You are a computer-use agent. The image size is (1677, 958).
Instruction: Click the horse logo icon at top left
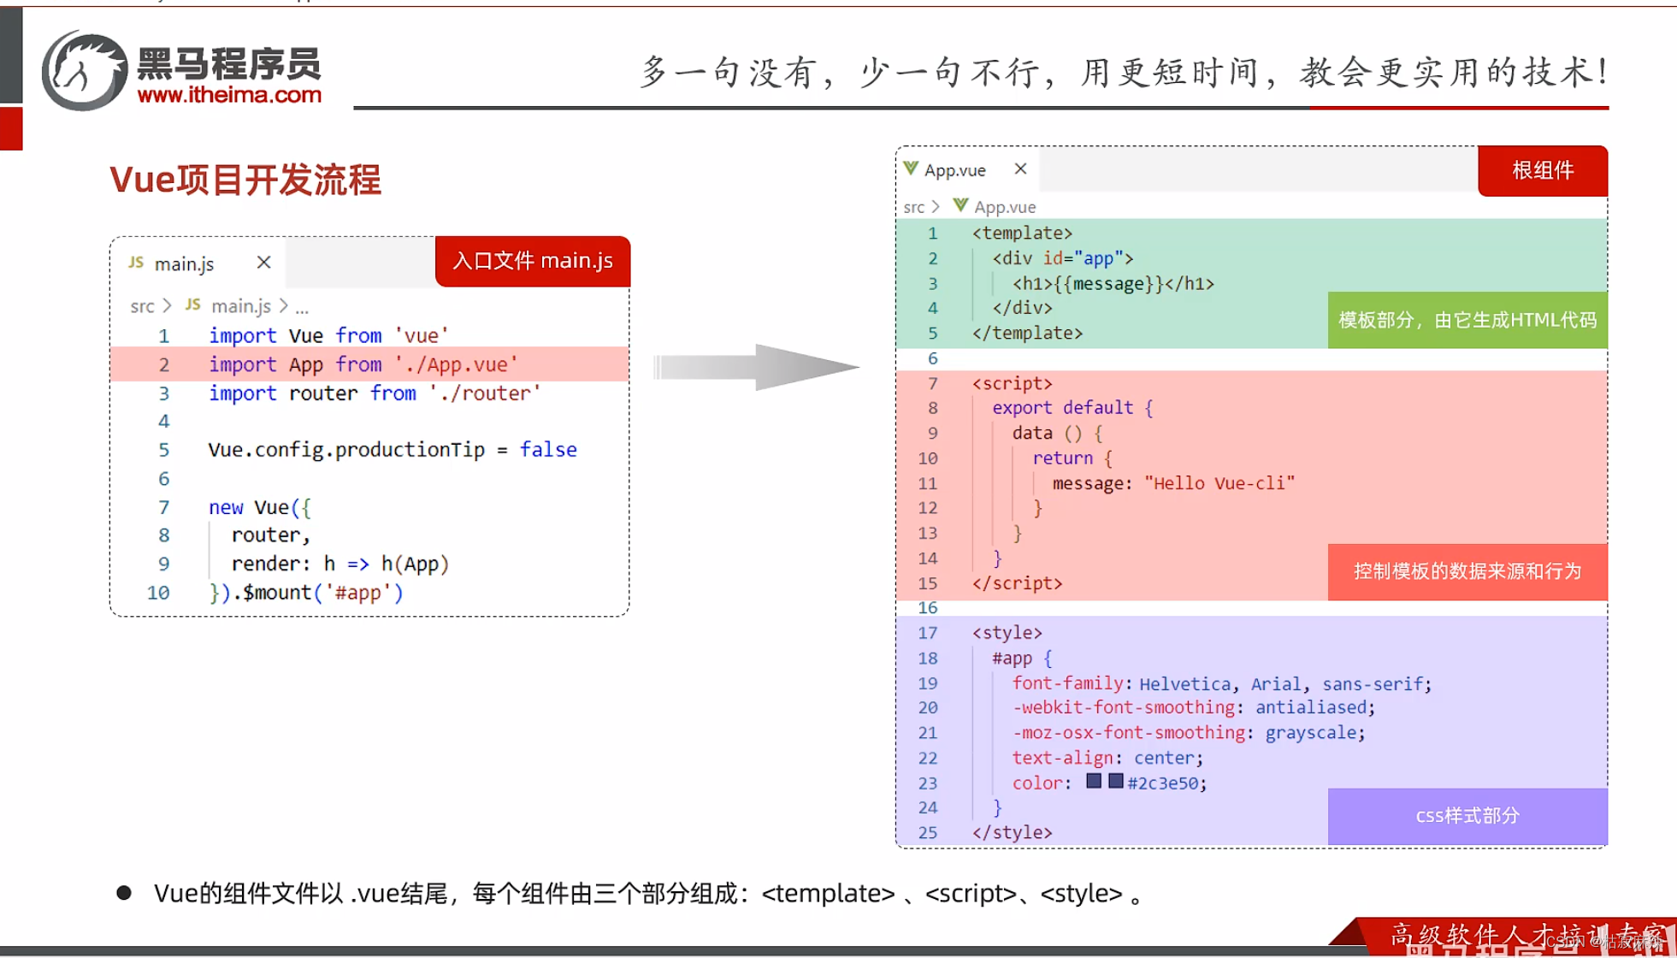click(x=84, y=71)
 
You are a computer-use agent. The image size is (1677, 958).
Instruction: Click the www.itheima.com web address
click(x=229, y=95)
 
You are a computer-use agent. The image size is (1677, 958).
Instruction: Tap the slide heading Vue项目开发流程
click(x=245, y=180)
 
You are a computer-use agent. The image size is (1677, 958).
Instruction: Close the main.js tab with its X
click(x=263, y=263)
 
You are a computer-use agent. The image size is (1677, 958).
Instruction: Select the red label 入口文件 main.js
click(x=532, y=261)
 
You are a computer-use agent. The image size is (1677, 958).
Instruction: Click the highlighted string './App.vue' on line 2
click(x=457, y=364)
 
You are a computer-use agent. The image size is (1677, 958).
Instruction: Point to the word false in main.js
click(x=548, y=450)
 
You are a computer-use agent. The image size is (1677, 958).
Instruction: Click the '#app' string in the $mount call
click(x=357, y=593)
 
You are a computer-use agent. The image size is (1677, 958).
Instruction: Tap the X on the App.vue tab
click(x=1020, y=169)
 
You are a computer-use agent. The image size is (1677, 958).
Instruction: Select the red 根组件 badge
click(x=1542, y=170)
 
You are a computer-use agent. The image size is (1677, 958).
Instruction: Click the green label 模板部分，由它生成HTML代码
click(x=1467, y=320)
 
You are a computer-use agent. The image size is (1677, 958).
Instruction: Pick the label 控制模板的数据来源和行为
click(x=1467, y=571)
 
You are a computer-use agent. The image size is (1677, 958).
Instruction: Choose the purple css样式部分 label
click(x=1467, y=816)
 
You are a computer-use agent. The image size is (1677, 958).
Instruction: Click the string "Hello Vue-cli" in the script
click(x=1219, y=483)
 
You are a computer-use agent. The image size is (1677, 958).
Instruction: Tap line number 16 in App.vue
click(x=928, y=608)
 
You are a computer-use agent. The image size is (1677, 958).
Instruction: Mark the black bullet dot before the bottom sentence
click(x=124, y=893)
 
